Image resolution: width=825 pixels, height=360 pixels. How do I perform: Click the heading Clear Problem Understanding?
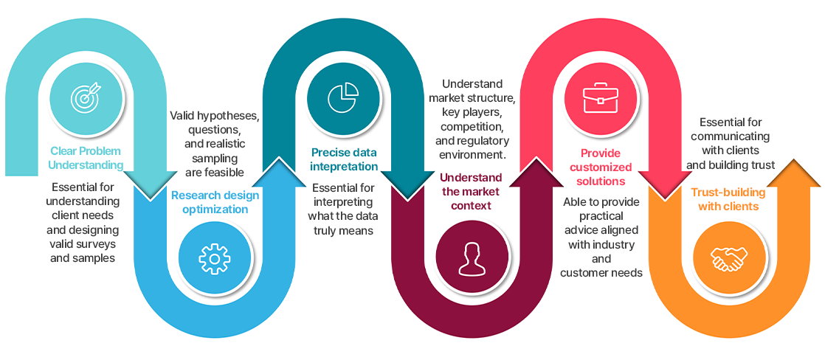[86, 158]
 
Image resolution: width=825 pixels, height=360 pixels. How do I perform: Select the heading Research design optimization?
[215, 202]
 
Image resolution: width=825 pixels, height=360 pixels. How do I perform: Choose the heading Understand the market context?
[471, 191]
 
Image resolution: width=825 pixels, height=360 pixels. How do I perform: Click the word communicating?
[731, 136]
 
